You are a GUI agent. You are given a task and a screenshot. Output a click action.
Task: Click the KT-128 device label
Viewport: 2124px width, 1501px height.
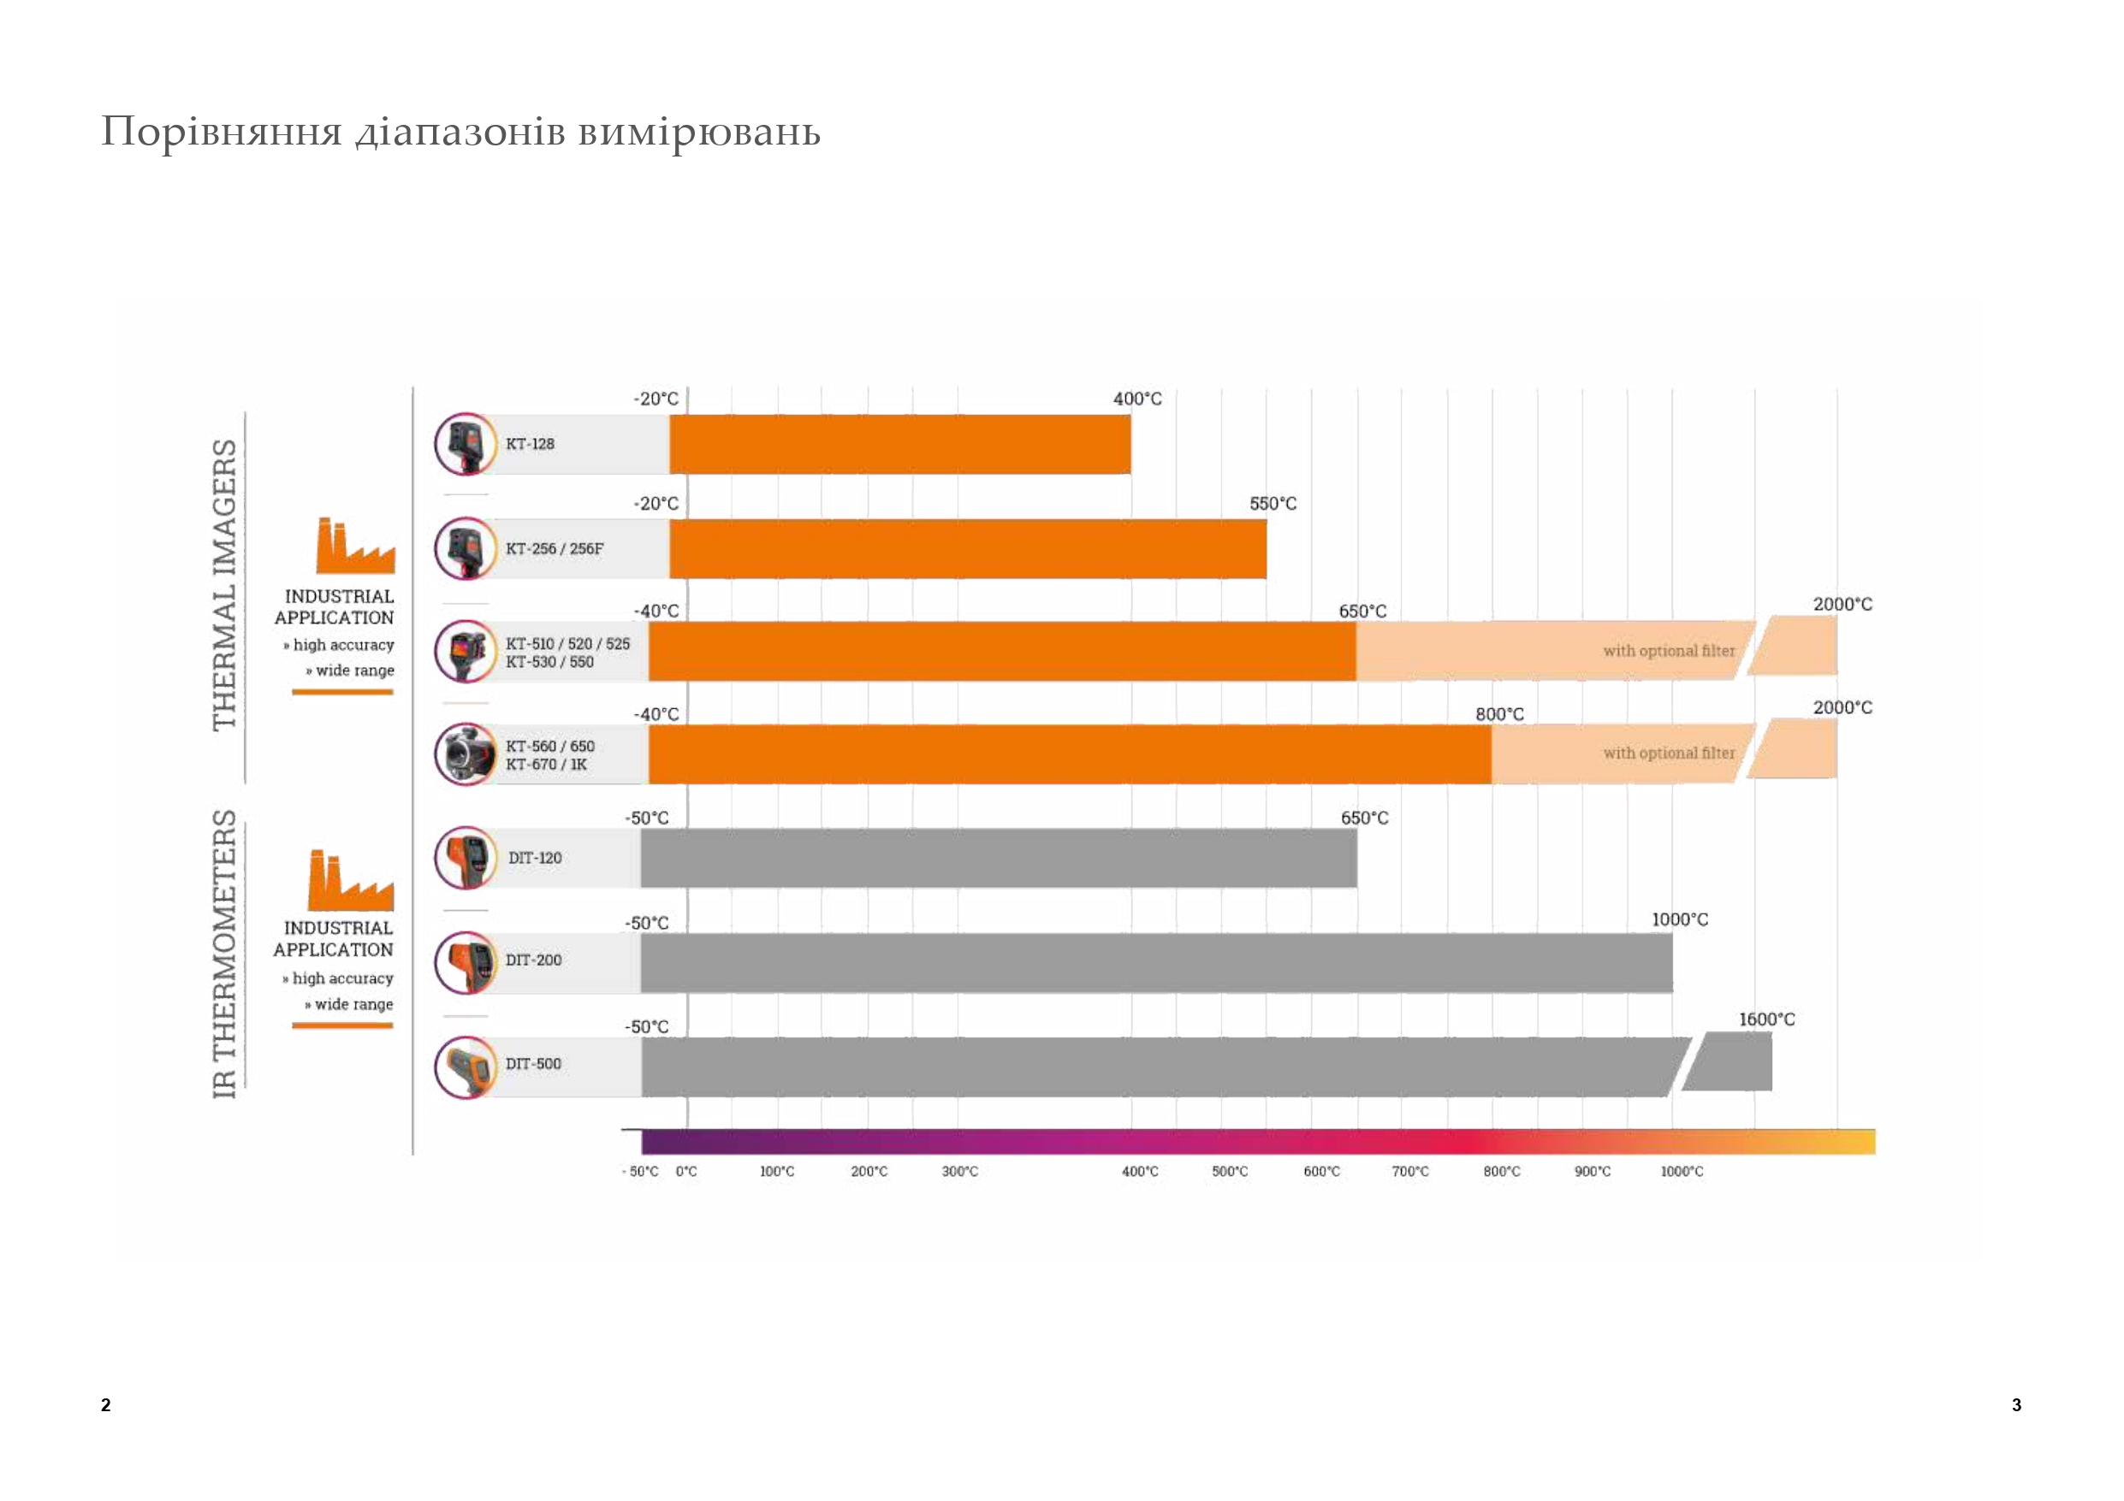coord(529,444)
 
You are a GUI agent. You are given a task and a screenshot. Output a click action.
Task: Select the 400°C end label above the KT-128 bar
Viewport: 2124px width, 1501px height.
coord(1137,399)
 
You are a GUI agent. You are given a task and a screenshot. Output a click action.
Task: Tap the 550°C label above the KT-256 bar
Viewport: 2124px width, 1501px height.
coord(1273,504)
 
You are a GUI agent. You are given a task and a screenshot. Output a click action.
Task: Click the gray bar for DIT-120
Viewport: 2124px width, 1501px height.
coord(998,858)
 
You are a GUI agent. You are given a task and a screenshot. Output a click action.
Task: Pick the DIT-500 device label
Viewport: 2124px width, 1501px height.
coord(533,1064)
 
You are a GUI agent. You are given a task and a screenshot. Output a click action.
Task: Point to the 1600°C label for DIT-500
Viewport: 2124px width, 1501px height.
coord(1766,1019)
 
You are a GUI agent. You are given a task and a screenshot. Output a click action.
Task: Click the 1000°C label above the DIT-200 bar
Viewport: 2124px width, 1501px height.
coord(1680,919)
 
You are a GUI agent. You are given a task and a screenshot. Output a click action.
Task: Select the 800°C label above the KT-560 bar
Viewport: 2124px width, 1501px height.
coord(1499,714)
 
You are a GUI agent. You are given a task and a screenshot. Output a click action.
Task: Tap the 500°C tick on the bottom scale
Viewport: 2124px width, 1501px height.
coord(1230,1172)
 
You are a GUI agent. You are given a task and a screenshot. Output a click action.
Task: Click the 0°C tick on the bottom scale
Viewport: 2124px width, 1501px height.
coord(686,1172)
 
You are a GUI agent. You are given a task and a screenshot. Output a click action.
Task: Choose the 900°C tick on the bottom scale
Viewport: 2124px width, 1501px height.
coord(1592,1172)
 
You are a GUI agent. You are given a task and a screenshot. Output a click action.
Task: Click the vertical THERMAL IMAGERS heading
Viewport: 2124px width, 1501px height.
coord(225,584)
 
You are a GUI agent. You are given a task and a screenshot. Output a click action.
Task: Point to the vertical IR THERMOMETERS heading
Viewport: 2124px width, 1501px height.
coord(225,954)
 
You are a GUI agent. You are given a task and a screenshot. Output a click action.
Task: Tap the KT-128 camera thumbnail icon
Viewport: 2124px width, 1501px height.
coord(466,444)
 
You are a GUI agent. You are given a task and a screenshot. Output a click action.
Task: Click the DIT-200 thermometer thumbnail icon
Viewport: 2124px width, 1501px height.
coord(466,962)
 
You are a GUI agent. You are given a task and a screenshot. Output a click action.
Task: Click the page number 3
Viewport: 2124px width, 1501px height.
coord(2017,1405)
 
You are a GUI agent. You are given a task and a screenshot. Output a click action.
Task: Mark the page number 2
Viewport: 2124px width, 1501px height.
coord(105,1405)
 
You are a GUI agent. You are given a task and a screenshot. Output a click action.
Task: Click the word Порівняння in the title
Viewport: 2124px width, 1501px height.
coord(222,132)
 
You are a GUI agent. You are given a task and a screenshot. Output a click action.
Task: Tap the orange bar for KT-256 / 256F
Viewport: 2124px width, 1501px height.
coord(968,548)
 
